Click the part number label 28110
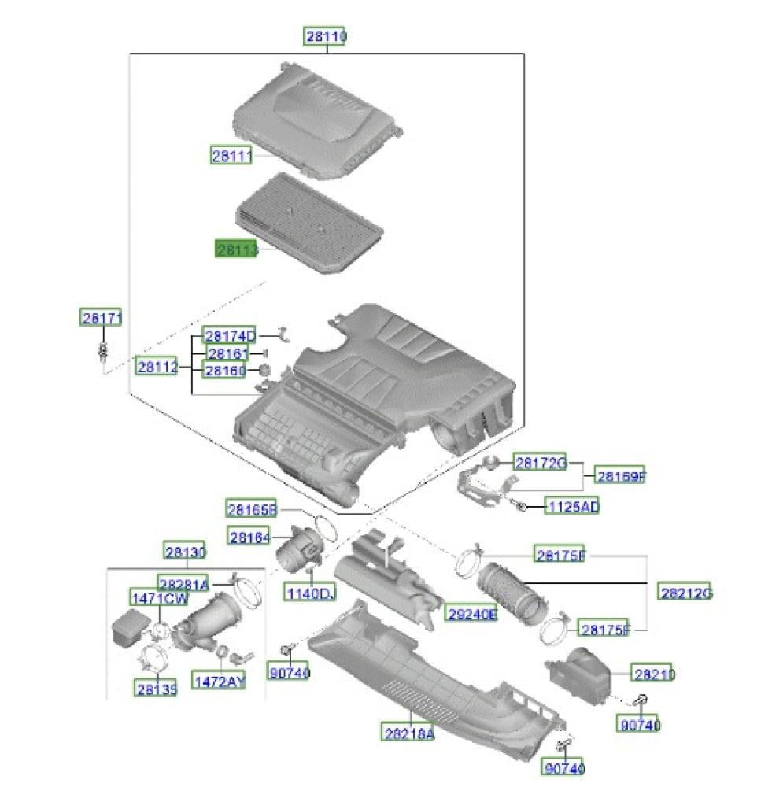pyautogui.click(x=325, y=37)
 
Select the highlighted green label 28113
pyautogui.click(x=238, y=249)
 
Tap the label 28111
pyautogui.click(x=231, y=156)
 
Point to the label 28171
pyautogui.click(x=101, y=318)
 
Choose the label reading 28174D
pyautogui.click(x=230, y=336)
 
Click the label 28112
pyautogui.click(x=157, y=366)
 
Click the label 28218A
pyautogui.click(x=408, y=733)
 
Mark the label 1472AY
pyautogui.click(x=219, y=680)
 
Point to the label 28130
pyautogui.click(x=185, y=552)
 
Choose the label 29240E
pyautogui.click(x=472, y=614)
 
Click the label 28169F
pyautogui.click(x=619, y=475)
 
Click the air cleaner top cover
pyautogui.click(x=315, y=118)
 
